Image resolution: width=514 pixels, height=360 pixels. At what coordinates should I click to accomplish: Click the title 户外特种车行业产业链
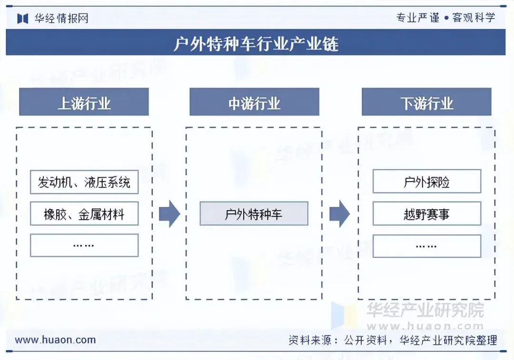tap(256, 44)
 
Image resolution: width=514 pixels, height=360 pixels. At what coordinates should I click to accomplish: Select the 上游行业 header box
tap(84, 102)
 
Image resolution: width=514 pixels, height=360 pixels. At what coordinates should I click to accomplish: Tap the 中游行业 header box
tap(254, 102)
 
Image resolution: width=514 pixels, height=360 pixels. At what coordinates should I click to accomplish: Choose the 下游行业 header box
tap(426, 102)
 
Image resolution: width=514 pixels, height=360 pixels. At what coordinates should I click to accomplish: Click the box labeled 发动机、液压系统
tap(84, 182)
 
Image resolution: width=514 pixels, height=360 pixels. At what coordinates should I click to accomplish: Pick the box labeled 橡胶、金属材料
tap(84, 214)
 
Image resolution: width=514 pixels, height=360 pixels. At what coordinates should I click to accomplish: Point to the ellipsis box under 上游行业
tap(84, 245)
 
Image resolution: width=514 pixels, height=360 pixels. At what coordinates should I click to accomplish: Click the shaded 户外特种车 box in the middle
tap(254, 214)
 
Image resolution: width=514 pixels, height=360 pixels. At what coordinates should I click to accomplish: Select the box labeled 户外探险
tap(426, 182)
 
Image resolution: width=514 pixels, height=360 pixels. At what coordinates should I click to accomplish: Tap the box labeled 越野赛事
tap(426, 214)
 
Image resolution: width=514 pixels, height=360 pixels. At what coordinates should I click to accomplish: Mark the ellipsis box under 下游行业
tap(426, 245)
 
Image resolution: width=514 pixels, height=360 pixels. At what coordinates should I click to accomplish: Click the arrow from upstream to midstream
tap(169, 214)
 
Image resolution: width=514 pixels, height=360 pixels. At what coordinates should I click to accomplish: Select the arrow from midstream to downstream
tap(339, 214)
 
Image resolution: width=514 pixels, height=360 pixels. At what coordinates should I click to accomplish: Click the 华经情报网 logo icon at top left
tap(23, 19)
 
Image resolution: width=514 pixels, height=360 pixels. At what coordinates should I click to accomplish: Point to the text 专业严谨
tap(418, 18)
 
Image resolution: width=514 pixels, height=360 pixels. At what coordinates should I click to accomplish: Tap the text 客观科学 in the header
tap(474, 18)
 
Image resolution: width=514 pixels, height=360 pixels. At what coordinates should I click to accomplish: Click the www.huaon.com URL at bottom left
tap(55, 340)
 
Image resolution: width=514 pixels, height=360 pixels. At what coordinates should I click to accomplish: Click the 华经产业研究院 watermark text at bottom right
tap(425, 310)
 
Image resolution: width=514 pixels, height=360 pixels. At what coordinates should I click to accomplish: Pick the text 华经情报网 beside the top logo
tap(61, 19)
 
